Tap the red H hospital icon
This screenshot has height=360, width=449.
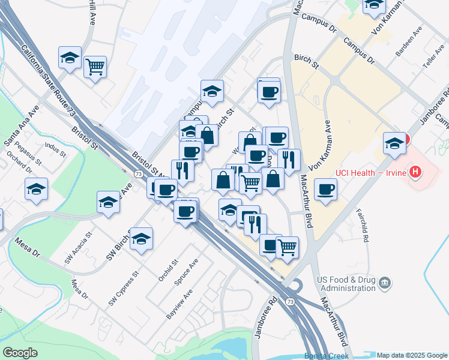tap(415, 173)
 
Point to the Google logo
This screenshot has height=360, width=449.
tap(20, 353)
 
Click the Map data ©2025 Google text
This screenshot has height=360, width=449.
tap(412, 355)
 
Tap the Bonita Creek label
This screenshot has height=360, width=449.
tap(327, 355)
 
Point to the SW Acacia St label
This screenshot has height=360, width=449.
tap(79, 249)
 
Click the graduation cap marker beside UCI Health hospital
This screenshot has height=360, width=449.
tap(394, 144)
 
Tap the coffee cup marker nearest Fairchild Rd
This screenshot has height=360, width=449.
tap(325, 190)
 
